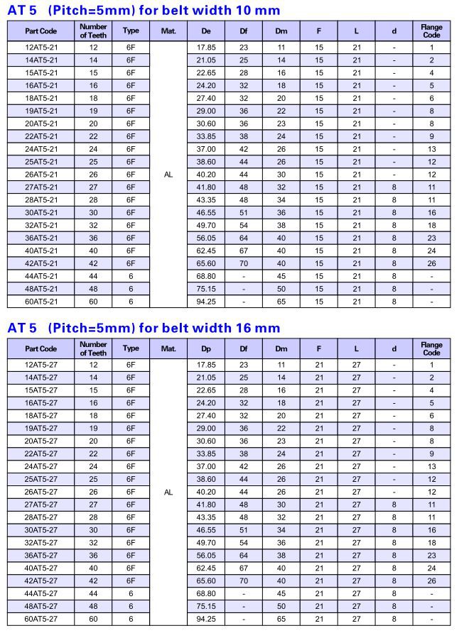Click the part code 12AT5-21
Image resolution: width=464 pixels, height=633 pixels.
point(41,48)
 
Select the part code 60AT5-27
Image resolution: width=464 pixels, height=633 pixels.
point(41,620)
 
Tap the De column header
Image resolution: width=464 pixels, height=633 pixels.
point(206,31)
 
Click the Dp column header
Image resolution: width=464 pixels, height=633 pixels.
point(206,349)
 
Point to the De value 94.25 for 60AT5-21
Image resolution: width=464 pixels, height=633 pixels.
point(206,302)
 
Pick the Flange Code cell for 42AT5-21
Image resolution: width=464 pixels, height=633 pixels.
point(431,263)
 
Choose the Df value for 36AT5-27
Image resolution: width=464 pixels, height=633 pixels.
point(244,556)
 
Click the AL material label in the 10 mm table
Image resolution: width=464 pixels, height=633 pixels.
point(168,175)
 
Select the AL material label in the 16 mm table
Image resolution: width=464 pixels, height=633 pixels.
point(168,492)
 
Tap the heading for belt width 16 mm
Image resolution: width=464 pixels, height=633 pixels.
point(144,328)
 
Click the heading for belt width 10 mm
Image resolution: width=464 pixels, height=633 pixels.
point(144,10)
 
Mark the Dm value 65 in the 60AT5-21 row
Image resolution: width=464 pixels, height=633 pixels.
point(281,302)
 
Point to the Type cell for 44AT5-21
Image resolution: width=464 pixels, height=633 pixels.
point(131,276)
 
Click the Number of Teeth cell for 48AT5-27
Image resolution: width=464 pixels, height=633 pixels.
point(93,607)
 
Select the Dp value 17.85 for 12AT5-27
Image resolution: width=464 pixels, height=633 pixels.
point(206,365)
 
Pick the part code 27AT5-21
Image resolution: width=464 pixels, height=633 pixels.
point(41,187)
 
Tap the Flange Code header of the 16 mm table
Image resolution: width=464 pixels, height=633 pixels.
point(431,349)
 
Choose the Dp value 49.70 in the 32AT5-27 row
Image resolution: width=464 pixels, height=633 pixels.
point(206,543)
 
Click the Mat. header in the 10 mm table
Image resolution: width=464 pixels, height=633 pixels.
point(168,31)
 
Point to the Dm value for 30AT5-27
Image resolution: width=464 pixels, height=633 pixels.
point(281,530)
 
